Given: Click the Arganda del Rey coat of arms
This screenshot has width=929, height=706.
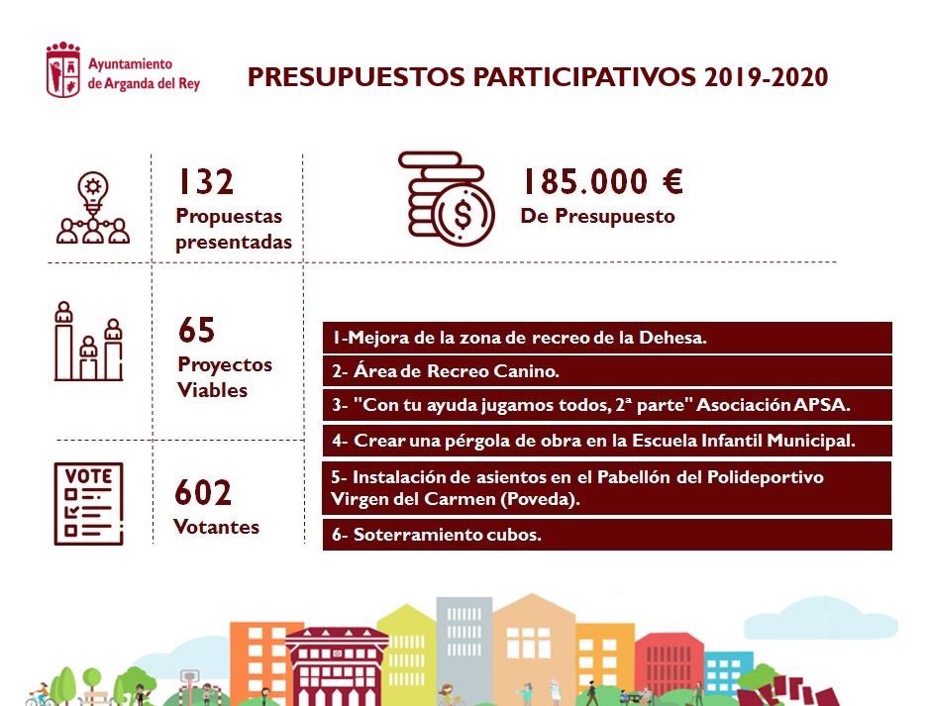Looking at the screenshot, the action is pos(63,70).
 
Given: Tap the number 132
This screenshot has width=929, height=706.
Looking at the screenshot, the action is pos(206,181).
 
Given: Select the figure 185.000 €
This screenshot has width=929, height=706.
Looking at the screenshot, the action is pos(602,181).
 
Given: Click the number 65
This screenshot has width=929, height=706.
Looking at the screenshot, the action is pos(197,330).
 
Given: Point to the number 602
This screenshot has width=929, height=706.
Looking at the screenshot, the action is pos(203,493).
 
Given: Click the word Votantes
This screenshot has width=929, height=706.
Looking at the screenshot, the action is pos(216,527).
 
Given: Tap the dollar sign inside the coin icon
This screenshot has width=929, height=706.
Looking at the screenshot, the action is pos(463,215).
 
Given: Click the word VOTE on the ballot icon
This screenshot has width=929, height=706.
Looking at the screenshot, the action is pos(88,476).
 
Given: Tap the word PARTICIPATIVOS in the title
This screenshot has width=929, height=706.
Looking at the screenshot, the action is pos(584,77).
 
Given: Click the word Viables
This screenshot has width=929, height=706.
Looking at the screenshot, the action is pos(212,390).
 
